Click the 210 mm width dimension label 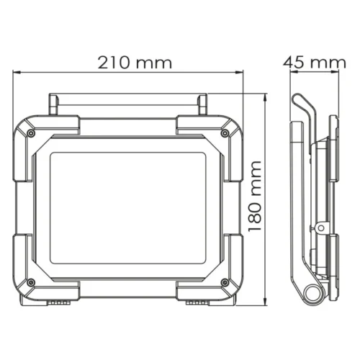tap(135, 62)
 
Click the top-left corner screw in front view tap(30, 133)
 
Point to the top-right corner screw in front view tap(225, 133)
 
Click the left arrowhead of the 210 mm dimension tap(17, 72)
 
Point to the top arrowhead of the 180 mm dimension tap(266, 96)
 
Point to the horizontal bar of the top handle tap(127, 96)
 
